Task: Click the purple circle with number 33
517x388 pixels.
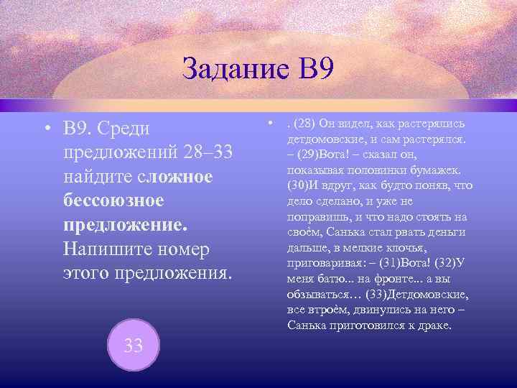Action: (133, 345)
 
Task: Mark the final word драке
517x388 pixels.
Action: (435, 325)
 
